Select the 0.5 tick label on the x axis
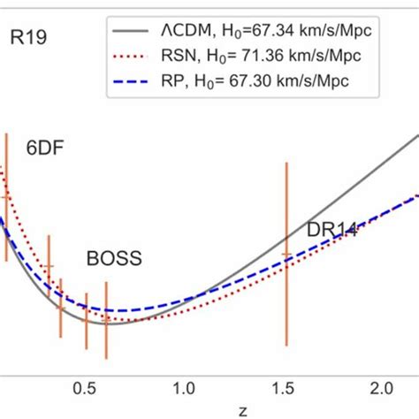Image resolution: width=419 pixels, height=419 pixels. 85,386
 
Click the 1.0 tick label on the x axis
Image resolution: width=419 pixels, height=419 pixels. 184,386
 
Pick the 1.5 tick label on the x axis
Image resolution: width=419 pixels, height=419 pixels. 283,386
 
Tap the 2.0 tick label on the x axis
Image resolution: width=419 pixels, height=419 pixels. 382,386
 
